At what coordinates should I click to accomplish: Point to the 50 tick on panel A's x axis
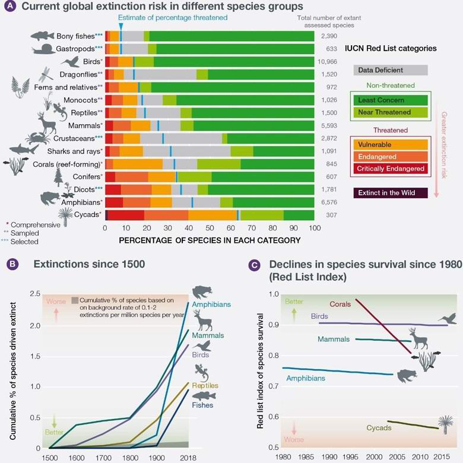click(x=210, y=228)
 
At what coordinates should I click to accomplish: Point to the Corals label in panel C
click(x=338, y=305)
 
